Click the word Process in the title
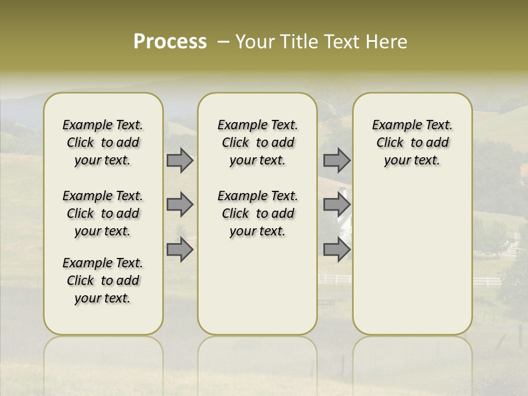coord(170,42)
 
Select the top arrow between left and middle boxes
coord(180,161)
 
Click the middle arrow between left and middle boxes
coord(180,205)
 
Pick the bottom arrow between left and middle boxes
coord(180,249)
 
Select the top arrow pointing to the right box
coord(337,161)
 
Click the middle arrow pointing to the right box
coord(337,205)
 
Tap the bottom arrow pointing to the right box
coord(337,249)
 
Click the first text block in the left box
coord(103,142)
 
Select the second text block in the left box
coord(103,213)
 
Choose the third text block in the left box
coord(103,280)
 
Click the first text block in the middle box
coord(258,142)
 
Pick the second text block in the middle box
coord(258,213)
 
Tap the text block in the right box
coord(413,142)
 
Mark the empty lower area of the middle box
coord(257,286)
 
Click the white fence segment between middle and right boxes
coord(335,279)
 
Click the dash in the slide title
coord(223,42)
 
